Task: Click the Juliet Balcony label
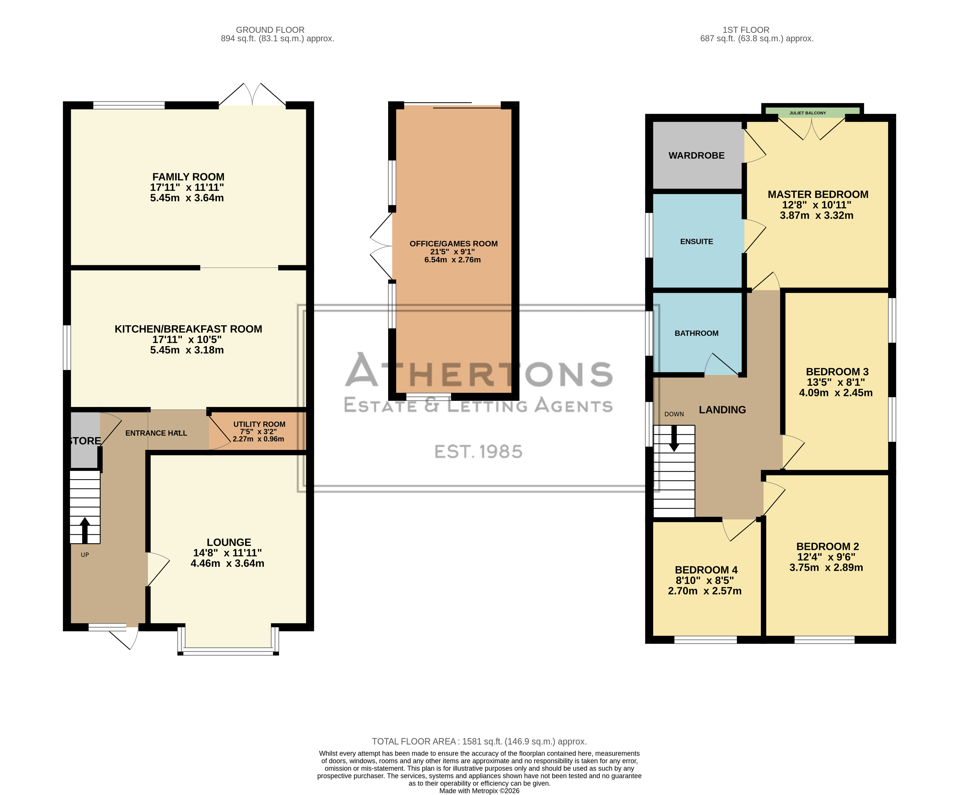point(808,113)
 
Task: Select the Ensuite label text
point(696,241)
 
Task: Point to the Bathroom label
point(696,333)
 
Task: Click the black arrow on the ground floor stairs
point(85,530)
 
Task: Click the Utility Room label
point(260,424)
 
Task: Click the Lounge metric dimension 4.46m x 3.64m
point(228,563)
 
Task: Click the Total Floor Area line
point(479,742)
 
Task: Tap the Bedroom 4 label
point(706,570)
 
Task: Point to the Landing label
point(722,410)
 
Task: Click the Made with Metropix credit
point(479,791)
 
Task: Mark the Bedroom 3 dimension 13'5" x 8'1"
point(836,382)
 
